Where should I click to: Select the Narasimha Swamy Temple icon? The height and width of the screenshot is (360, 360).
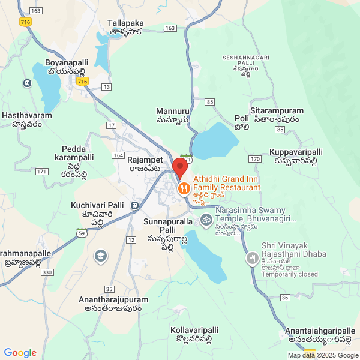click(x=206, y=220)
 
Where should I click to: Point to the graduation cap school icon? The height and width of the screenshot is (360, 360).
click(x=101, y=257)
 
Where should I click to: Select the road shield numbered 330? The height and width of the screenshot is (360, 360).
click(x=47, y=272)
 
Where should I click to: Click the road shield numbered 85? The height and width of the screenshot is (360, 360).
click(x=209, y=102)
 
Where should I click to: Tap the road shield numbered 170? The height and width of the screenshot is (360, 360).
click(x=254, y=159)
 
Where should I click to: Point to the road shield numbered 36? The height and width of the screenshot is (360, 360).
click(x=284, y=298)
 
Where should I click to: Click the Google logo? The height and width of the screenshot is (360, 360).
click(x=20, y=353)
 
